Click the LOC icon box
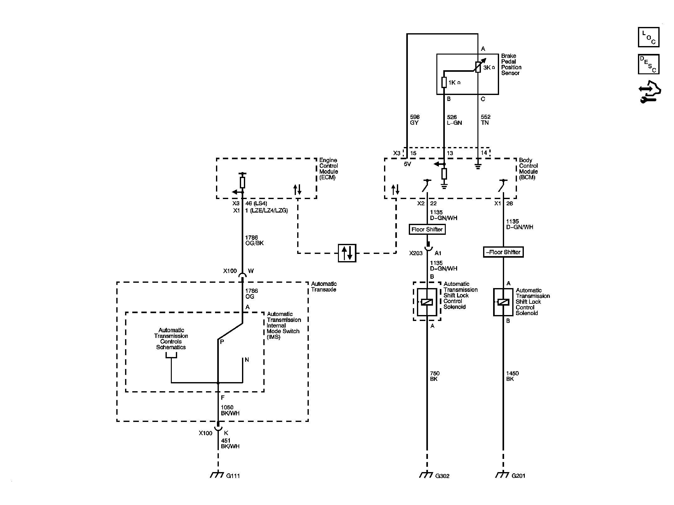(648, 37)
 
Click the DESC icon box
(648, 64)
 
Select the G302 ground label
(442, 476)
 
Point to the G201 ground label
(518, 476)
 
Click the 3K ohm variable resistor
(478, 67)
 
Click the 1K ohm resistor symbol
(444, 82)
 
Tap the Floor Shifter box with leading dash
(503, 252)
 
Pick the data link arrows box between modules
(347, 253)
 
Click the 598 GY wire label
(414, 120)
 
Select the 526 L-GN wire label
(454, 120)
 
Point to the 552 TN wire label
(485, 120)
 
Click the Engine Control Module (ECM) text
(329, 169)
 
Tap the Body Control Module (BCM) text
(528, 169)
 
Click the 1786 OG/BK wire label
(254, 240)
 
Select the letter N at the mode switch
(247, 360)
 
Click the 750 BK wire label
(434, 376)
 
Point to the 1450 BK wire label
(512, 376)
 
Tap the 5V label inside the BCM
(407, 164)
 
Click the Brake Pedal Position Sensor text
(511, 64)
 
